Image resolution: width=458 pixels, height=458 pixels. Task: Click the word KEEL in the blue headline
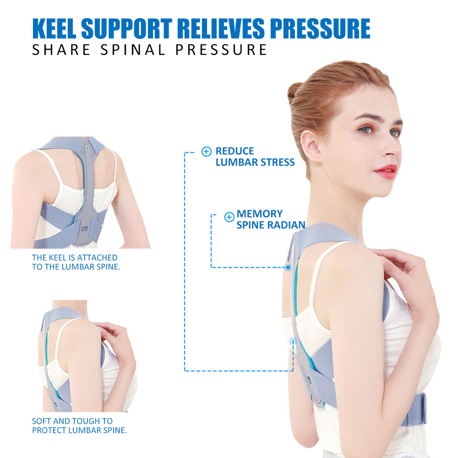coord(54,28)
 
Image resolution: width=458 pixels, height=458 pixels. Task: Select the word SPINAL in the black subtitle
coord(133,50)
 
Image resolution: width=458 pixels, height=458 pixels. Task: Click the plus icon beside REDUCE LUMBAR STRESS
coord(206,151)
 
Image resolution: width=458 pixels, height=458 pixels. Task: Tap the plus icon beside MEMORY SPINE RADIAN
coord(229,217)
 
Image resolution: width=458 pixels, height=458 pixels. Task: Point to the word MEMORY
coord(259,214)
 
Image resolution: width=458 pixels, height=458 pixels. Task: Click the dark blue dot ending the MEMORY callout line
coord(288,267)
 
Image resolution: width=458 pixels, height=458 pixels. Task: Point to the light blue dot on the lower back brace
coord(293,341)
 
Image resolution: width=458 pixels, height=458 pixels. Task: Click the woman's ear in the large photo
coord(311,145)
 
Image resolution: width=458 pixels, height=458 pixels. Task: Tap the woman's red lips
coord(387,171)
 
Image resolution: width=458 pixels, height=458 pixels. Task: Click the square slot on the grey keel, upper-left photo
coord(84,229)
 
